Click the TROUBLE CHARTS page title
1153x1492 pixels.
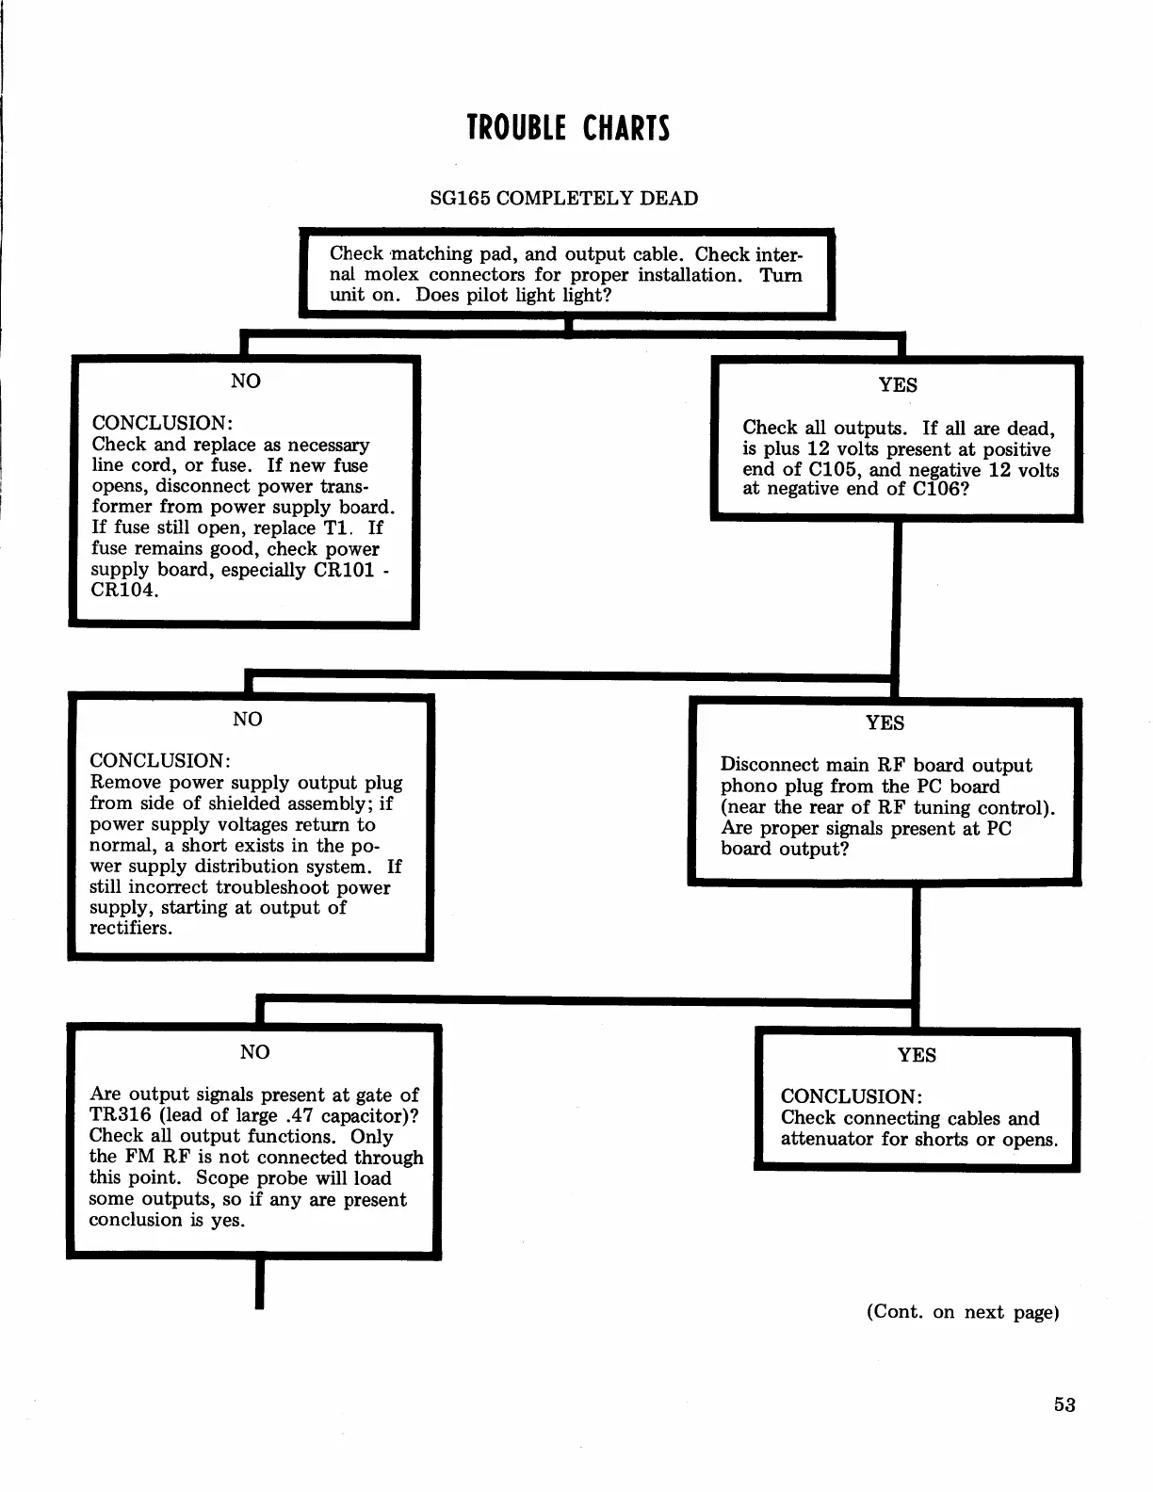click(568, 128)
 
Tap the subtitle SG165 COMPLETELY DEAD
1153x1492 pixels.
click(563, 199)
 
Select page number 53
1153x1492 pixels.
click(1064, 1404)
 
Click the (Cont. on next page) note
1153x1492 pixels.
click(963, 1313)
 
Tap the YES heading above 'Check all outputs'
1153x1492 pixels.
click(898, 385)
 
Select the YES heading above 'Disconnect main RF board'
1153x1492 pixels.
click(885, 723)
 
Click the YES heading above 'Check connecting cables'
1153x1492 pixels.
click(917, 1055)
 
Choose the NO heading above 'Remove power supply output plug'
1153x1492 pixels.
click(248, 720)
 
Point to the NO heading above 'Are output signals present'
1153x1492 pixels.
click(255, 1052)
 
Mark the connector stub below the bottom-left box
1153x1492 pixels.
click(258, 1284)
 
